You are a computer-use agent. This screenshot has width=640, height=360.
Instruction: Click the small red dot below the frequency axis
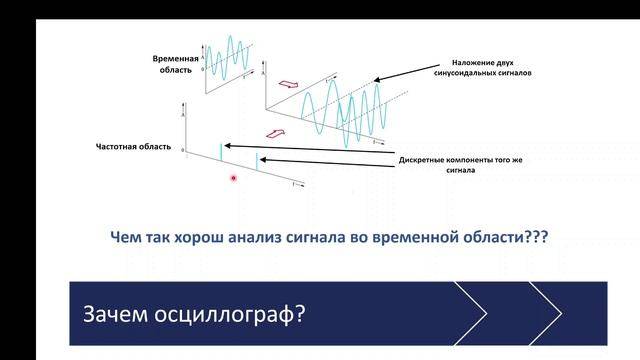pyautogui.click(x=233, y=178)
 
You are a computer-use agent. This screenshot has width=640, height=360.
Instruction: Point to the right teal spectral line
pyautogui.click(x=257, y=161)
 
